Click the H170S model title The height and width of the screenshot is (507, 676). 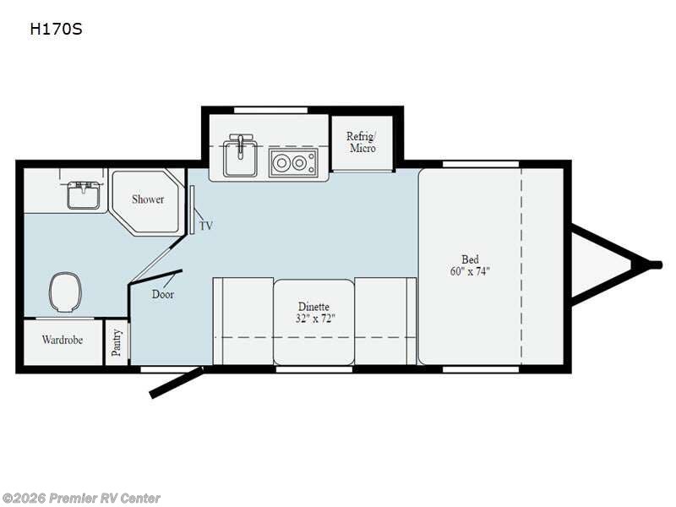pos(56,29)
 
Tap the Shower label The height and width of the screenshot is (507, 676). pos(148,199)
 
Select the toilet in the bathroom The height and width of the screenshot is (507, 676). pos(66,292)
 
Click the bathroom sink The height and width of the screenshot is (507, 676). pos(84,195)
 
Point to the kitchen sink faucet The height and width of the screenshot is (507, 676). pos(240,144)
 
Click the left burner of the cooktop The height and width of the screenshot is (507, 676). pos(282,163)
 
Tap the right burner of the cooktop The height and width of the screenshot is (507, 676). pos(298,163)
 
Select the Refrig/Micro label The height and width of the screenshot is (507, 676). pos(362,142)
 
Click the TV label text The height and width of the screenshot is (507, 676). pos(206,226)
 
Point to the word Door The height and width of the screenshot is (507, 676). pos(163,294)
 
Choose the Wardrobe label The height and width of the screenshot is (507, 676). pos(63,340)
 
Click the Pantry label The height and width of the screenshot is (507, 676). pos(116,343)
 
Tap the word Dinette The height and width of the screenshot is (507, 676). pos(313,307)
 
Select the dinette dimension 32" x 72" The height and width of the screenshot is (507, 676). pos(315,319)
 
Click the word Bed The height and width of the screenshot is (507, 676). pos(470,259)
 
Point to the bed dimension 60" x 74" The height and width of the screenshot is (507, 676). pos(470,271)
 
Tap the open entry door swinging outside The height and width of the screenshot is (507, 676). pos(176,382)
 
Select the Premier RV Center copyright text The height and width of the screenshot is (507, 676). pos(80,499)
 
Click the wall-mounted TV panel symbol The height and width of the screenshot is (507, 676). pos(192,210)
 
